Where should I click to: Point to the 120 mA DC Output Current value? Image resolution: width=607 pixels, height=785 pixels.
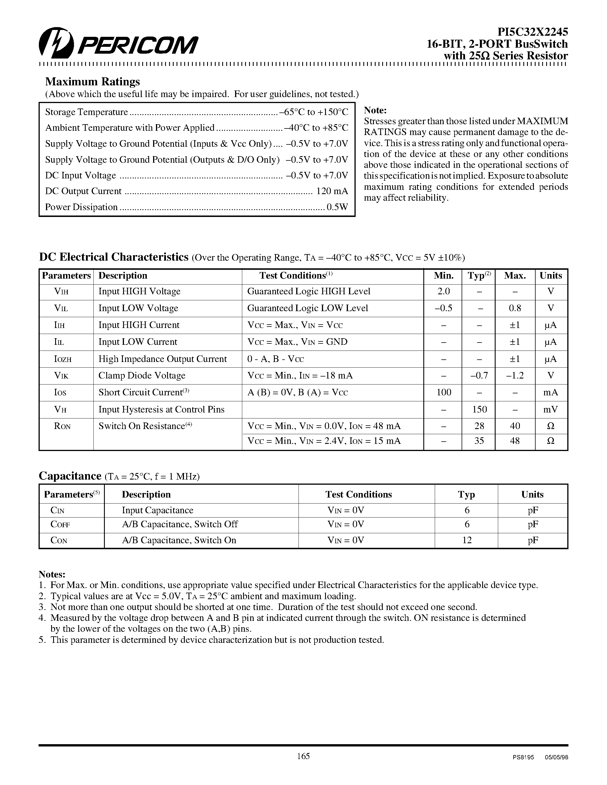pyautogui.click(x=332, y=191)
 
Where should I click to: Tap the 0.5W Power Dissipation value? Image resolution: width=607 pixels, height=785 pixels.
pyautogui.click(x=337, y=207)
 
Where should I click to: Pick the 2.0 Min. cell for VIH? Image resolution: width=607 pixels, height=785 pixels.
pyautogui.click(x=443, y=291)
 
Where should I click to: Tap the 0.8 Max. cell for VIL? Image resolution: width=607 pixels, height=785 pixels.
pyautogui.click(x=515, y=308)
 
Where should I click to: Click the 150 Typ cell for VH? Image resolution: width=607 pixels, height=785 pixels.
pyautogui.click(x=479, y=409)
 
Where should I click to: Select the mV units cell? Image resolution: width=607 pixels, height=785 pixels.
pyautogui.click(x=550, y=409)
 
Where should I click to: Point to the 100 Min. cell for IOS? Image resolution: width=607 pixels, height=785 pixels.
pyautogui.click(x=444, y=392)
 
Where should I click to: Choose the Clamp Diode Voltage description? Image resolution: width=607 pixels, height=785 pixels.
pyautogui.click(x=142, y=376)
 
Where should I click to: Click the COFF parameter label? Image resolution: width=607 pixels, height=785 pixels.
pyautogui.click(x=60, y=524)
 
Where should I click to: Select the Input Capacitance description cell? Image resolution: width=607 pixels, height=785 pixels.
pyautogui.click(x=157, y=510)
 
